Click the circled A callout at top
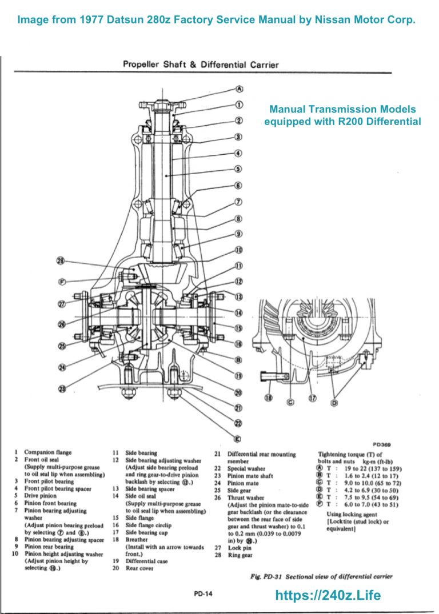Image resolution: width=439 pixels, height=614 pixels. coord(240,89)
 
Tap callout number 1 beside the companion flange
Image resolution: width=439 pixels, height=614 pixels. coord(240,105)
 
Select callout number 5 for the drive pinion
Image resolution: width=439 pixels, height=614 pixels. coord(240,169)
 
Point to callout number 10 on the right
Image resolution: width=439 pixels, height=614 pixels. coord(240,250)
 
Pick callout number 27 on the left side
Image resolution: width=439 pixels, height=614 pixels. coord(62,304)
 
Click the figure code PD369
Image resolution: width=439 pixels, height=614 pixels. coord(381,443)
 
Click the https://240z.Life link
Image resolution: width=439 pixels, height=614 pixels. coord(328,595)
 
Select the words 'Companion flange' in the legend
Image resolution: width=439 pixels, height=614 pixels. coord(48,452)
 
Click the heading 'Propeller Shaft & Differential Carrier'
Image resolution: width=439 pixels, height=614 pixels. coord(201,65)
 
